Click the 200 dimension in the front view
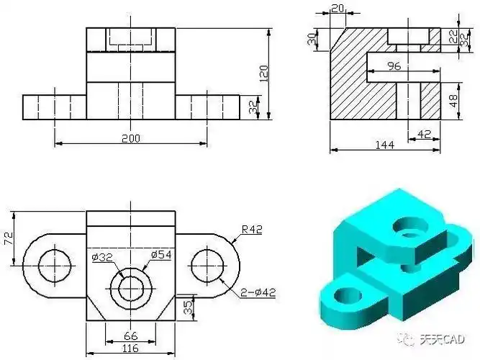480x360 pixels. tap(130, 138)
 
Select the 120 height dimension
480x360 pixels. tap(263, 73)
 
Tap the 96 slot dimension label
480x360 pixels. tap(394, 66)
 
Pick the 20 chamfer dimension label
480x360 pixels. tap(337, 8)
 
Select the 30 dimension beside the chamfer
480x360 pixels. tap(312, 39)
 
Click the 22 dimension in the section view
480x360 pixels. tap(453, 35)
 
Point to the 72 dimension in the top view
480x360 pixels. tap(9, 239)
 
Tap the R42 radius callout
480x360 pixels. tap(253, 230)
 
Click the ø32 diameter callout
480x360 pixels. tap(101, 256)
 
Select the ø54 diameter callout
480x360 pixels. tap(160, 254)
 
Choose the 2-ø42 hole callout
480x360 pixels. tap(258, 292)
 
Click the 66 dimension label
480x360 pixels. tap(130, 336)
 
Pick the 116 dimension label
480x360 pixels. tap(130, 349)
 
